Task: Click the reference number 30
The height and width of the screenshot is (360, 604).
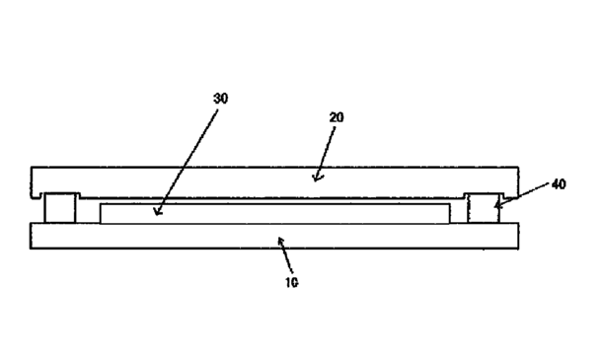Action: [x=220, y=99]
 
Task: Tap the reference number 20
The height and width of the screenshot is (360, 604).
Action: [x=337, y=117]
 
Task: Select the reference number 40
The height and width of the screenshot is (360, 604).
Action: [x=559, y=184]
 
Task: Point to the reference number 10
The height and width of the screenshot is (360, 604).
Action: [x=291, y=283]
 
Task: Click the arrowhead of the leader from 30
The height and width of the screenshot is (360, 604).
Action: [x=157, y=212]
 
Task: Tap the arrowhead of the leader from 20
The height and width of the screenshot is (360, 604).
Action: [x=317, y=178]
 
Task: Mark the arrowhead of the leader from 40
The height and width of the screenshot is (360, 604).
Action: [x=497, y=205]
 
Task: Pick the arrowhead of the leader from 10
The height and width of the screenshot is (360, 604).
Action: [x=281, y=241]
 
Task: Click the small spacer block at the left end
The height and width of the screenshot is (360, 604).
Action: [x=59, y=208]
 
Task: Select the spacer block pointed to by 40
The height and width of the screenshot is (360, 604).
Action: [x=484, y=208]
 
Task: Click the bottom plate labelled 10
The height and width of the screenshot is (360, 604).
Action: [x=274, y=236]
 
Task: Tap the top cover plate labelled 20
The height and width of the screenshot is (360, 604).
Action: [x=274, y=182]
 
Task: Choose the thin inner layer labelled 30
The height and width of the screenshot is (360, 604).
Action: [x=274, y=213]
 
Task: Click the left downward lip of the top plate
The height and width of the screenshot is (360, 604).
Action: [x=37, y=194]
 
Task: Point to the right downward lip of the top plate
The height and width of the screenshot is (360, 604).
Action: [x=511, y=194]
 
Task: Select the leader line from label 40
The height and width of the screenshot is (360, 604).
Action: [x=522, y=195]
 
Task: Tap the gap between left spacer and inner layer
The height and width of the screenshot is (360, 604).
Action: [x=88, y=211]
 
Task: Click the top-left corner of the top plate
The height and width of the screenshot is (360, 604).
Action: [x=31, y=167]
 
